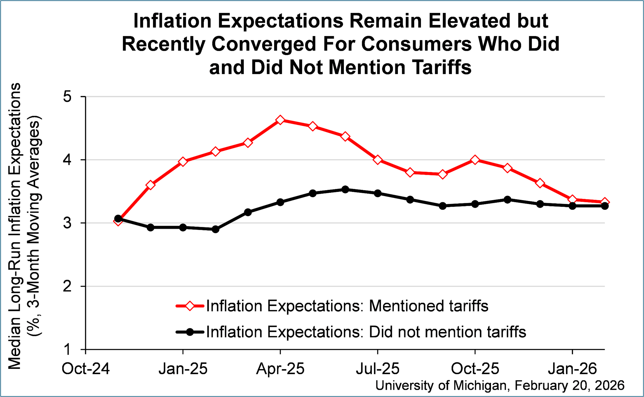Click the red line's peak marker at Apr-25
click(280, 120)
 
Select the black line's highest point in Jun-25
click(345, 190)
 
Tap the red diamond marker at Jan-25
click(183, 162)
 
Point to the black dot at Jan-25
click(183, 228)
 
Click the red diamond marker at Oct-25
click(475, 160)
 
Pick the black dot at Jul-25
click(378, 193)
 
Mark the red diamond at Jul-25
click(378, 160)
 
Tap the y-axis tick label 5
click(67, 97)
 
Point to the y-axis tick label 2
click(67, 287)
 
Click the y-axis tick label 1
click(67, 350)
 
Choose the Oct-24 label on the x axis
click(86, 369)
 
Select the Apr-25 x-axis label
click(280, 369)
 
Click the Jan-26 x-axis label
click(572, 369)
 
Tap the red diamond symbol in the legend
click(190, 306)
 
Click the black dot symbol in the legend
click(190, 332)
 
